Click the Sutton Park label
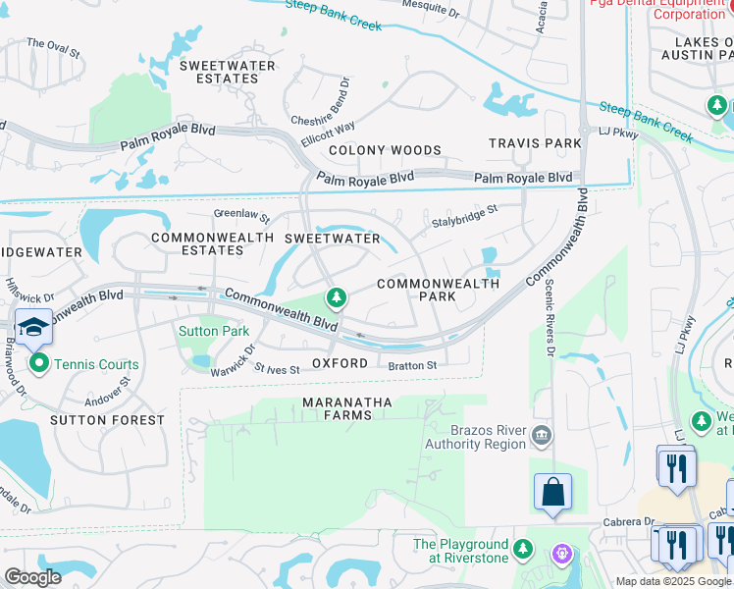tap(213, 332)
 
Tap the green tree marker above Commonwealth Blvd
tap(337, 296)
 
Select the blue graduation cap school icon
tap(33, 326)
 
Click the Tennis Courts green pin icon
tap(39, 364)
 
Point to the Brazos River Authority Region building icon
tap(541, 435)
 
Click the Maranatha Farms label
tap(347, 408)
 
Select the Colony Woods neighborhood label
tap(385, 150)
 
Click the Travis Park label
tap(536, 143)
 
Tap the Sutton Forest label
tap(109, 420)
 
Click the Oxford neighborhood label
tap(340, 363)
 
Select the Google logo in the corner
tap(32, 577)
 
